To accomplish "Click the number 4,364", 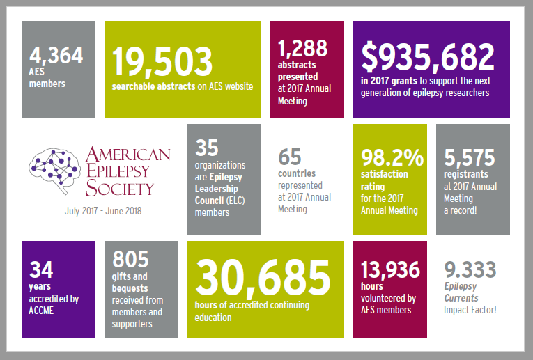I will coord(56,55).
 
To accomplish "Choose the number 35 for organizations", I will coord(207,148).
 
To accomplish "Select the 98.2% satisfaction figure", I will coord(392,158).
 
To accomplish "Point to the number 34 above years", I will coord(41,269).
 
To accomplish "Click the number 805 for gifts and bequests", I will coord(130,259).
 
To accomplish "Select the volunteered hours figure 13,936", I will coord(389,269).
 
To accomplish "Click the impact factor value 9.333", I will coord(470,269).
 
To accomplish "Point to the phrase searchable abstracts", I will coord(147,87).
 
